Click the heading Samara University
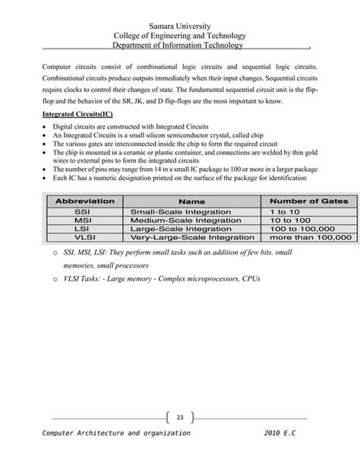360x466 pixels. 179,27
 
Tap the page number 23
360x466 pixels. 180,417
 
